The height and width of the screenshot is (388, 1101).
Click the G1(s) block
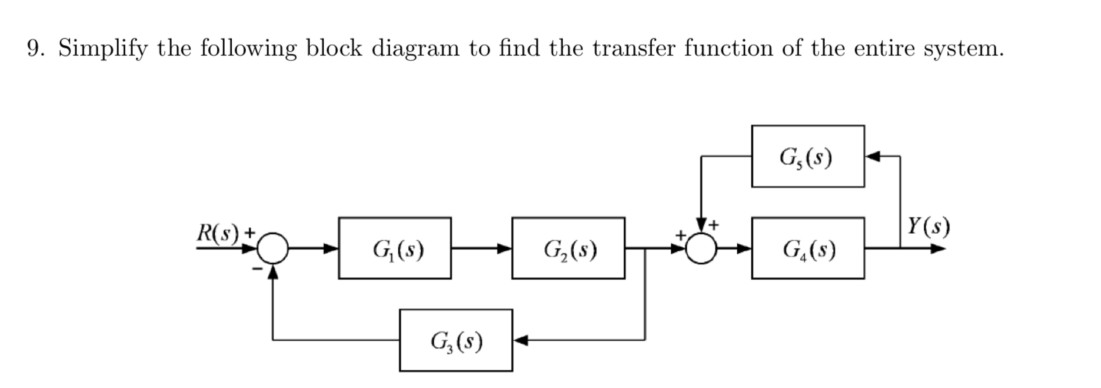pyautogui.click(x=395, y=248)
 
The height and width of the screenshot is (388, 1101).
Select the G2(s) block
pyautogui.click(x=568, y=248)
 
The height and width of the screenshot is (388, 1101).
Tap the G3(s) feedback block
pyautogui.click(x=456, y=340)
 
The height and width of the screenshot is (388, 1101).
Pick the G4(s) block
pyautogui.click(x=808, y=248)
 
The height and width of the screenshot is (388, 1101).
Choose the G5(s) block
pyautogui.click(x=808, y=156)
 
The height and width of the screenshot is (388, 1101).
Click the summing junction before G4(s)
pyautogui.click(x=701, y=248)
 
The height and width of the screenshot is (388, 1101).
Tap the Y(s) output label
pyautogui.click(x=928, y=226)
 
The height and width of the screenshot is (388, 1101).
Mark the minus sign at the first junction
pyautogui.click(x=257, y=269)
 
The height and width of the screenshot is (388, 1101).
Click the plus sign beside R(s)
pyautogui.click(x=250, y=233)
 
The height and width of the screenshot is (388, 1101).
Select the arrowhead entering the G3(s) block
pyautogui.click(x=521, y=340)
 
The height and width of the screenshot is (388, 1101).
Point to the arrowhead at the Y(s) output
pyautogui.click(x=938, y=248)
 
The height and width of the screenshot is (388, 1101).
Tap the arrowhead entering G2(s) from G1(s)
pyautogui.click(x=504, y=248)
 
